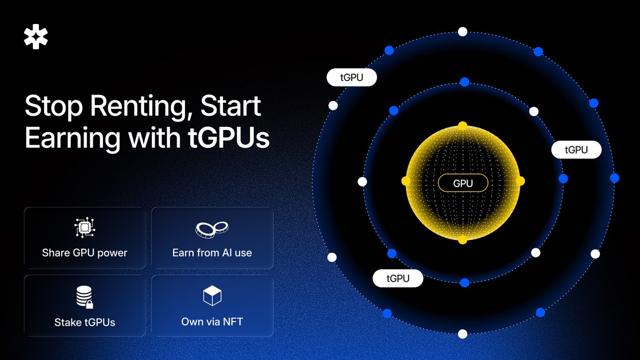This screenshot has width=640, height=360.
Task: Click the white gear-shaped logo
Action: click(x=36, y=37)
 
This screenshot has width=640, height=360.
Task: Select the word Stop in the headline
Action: click(x=54, y=107)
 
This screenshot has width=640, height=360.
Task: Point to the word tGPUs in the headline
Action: click(x=229, y=138)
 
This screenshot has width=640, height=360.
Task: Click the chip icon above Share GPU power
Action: click(x=85, y=227)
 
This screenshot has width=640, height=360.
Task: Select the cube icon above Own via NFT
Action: click(x=212, y=295)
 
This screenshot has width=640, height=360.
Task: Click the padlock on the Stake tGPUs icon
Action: click(x=90, y=305)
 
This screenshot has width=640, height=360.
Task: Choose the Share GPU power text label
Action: click(x=85, y=253)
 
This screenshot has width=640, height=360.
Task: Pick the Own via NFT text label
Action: click(x=212, y=322)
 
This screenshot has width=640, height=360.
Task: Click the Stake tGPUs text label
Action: click(x=85, y=322)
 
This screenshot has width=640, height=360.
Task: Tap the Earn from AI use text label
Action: click(x=212, y=253)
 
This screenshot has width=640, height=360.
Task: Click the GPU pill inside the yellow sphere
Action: click(x=463, y=183)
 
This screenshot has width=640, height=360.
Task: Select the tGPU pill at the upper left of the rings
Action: click(x=351, y=77)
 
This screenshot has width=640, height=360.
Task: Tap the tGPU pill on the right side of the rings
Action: click(x=577, y=150)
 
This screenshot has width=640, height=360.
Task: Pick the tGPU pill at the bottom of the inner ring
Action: click(x=398, y=278)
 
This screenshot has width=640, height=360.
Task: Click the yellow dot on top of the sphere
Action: click(x=462, y=126)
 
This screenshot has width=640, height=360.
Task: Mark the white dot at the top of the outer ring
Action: click(x=462, y=31)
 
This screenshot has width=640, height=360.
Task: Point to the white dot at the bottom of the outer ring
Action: click(x=462, y=334)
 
